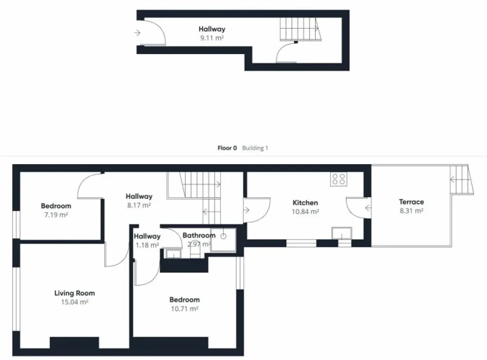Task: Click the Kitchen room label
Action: click(305, 203)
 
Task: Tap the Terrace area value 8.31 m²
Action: click(411, 211)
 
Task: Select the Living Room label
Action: click(75, 293)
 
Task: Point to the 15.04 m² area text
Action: click(75, 302)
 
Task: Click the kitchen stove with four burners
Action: click(339, 179)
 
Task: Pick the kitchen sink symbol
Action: click(342, 233)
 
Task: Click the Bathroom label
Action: click(199, 235)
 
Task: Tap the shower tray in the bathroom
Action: click(223, 240)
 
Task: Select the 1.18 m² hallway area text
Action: click(147, 245)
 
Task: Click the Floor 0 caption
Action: click(227, 148)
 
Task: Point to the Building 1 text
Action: click(255, 148)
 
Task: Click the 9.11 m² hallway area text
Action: click(211, 38)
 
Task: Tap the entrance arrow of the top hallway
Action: click(137, 32)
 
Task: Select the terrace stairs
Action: click(462, 180)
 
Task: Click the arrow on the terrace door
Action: click(368, 207)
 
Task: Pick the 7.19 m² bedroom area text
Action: click(56, 215)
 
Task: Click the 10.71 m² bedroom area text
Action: click(184, 309)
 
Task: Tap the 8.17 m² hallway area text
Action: click(139, 205)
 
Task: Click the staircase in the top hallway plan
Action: click(301, 30)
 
